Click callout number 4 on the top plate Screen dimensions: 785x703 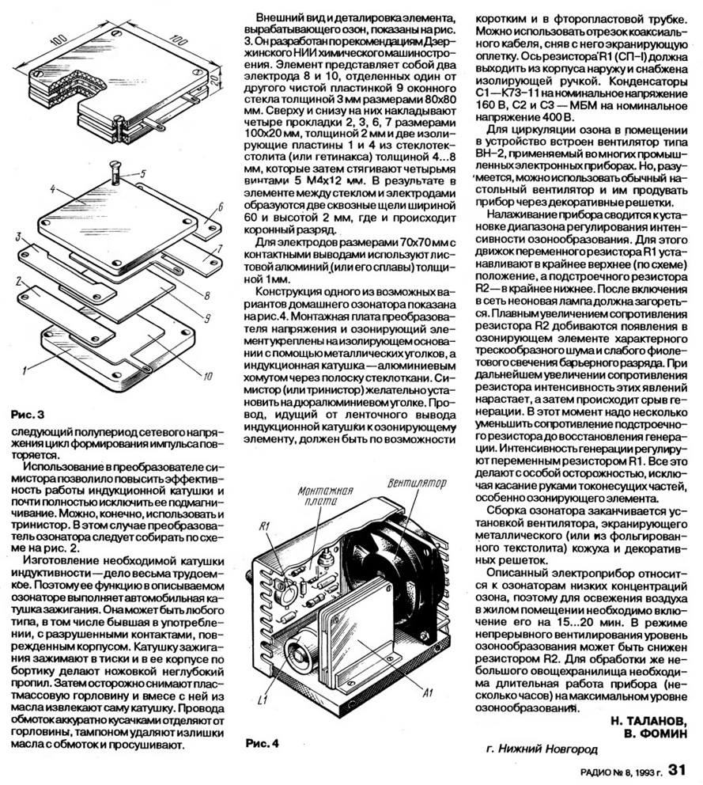click(51, 190)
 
